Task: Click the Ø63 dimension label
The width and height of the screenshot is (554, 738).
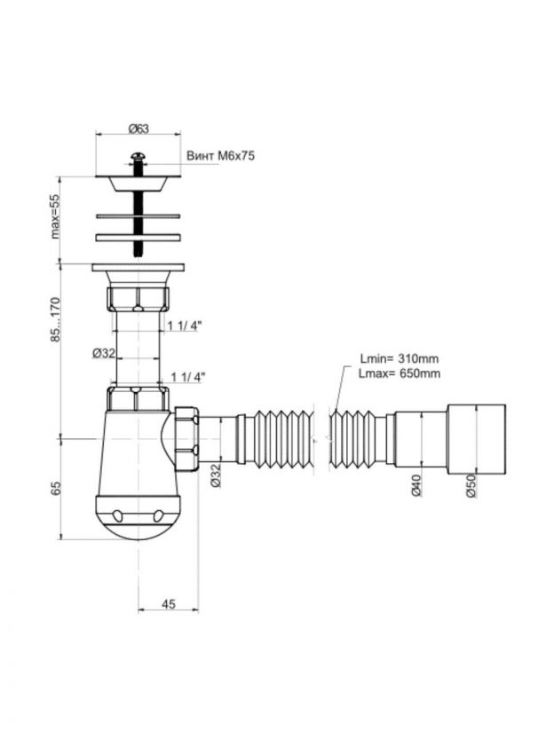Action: click(138, 128)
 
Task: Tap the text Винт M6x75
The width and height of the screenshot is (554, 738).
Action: click(220, 156)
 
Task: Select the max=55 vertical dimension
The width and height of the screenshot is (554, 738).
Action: click(57, 216)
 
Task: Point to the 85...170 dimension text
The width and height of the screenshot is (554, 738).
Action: click(57, 319)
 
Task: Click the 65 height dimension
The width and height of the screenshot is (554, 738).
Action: click(57, 488)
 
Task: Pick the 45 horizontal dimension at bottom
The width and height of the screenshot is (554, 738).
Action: click(168, 604)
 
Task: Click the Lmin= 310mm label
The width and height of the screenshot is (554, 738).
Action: click(400, 358)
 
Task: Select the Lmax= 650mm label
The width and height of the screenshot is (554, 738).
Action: click(400, 373)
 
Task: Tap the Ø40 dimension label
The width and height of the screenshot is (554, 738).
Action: click(416, 486)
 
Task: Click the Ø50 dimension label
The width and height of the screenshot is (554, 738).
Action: click(471, 486)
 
